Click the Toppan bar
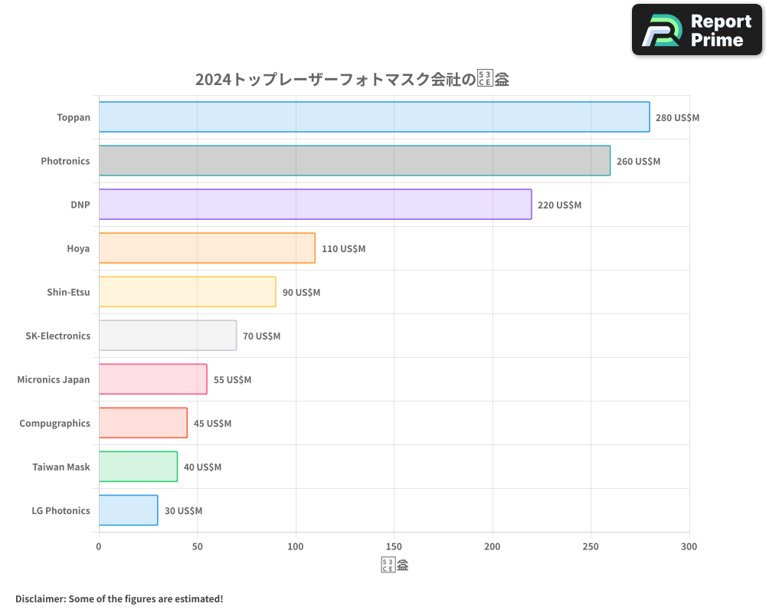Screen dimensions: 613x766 point(374,117)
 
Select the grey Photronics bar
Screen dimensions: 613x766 point(354,161)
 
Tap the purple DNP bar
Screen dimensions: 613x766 point(315,205)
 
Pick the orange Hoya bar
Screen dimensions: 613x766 point(207,248)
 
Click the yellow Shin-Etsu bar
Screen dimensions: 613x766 point(187,292)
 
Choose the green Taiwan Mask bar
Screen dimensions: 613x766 point(138,467)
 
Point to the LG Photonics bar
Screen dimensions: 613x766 point(128,510)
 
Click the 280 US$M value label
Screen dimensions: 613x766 point(677,118)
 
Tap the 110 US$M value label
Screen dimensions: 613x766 point(343,249)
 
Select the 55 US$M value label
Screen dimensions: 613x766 point(232,380)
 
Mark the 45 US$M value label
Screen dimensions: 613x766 point(212,424)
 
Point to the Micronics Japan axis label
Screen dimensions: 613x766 point(54,379)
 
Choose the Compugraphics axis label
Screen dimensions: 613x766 point(54,423)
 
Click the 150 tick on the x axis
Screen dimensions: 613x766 point(394,546)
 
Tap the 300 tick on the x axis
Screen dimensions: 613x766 point(689,546)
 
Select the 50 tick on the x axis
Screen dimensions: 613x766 point(197,546)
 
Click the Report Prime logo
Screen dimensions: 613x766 point(697,30)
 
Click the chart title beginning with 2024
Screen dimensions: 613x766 point(352,79)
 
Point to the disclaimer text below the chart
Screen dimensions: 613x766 point(119,598)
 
